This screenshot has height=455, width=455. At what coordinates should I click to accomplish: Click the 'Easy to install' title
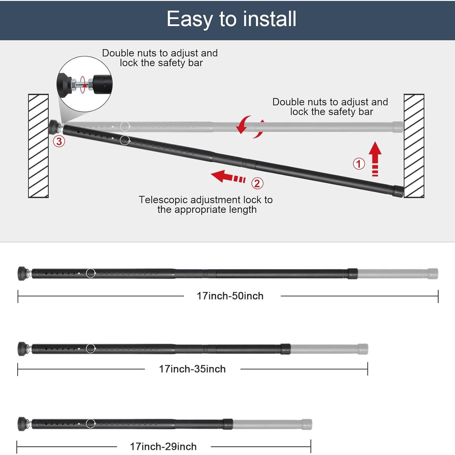coord(231,19)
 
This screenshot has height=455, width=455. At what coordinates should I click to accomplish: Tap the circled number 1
coord(359,164)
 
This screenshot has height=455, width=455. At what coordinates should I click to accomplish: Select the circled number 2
coord(257,183)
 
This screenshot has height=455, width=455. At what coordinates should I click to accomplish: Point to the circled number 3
coord(59,141)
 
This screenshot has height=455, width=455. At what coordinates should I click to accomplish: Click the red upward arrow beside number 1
coord(375,158)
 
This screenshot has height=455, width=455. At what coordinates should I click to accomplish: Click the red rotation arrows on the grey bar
coord(250,126)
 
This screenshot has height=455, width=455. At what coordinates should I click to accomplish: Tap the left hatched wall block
coord(38,146)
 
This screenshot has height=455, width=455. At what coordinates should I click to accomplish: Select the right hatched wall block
coord(414,146)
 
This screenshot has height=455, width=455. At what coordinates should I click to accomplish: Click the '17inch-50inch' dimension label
coord(230,296)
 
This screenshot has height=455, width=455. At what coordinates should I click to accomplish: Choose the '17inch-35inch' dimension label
coord(192,369)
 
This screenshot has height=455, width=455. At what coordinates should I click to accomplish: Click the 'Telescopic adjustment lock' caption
coord(206,205)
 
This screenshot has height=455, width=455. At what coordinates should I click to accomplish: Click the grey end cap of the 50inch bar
coord(433,274)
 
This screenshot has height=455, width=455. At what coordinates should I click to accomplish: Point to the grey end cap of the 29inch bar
coord(307,424)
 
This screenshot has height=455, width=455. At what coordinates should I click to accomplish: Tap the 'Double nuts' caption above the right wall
coord(330,107)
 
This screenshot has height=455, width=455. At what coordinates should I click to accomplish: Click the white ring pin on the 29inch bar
coord(91,423)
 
